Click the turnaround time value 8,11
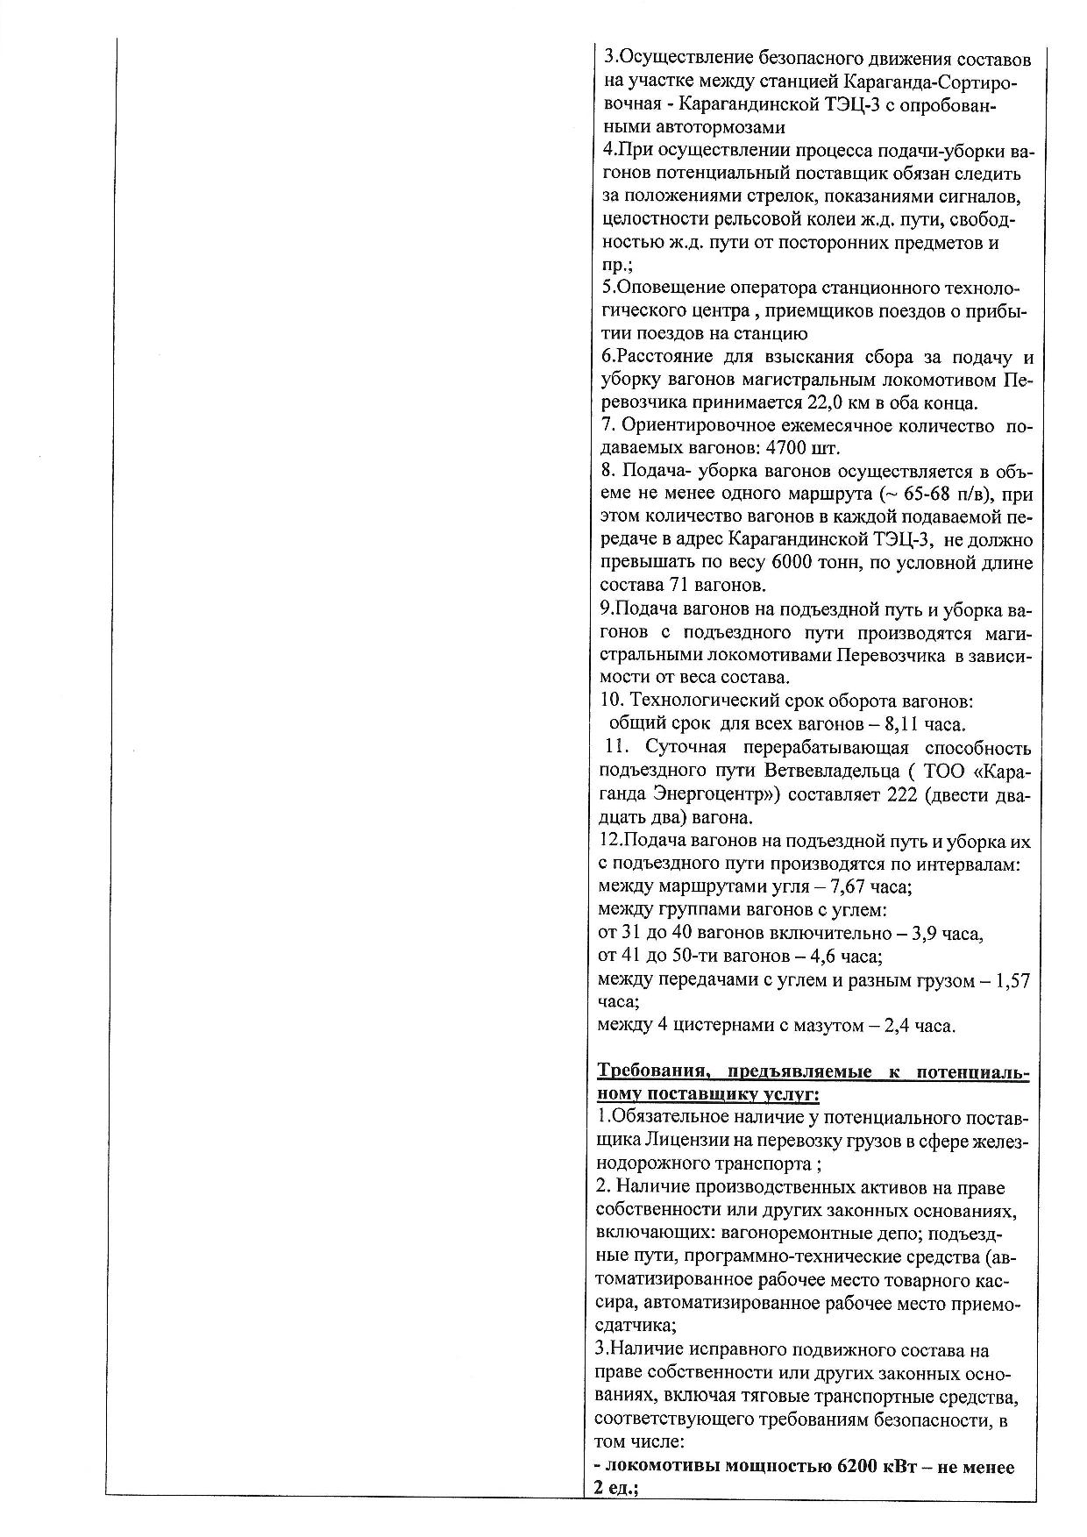906,724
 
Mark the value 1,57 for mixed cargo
1014,979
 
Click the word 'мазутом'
828,1026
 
